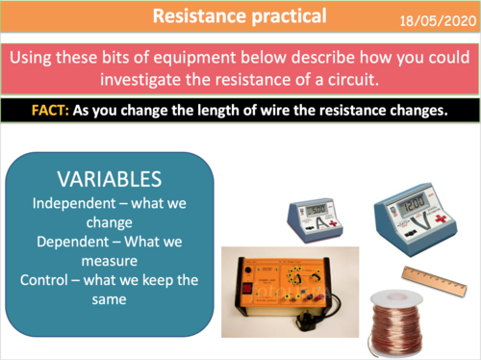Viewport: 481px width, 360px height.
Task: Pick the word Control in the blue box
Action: click(47, 280)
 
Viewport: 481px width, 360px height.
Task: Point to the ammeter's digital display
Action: click(316, 209)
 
